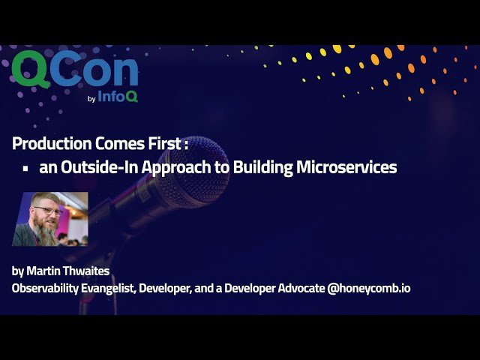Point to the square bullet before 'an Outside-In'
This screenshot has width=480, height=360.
25,169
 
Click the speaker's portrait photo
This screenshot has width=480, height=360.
49,219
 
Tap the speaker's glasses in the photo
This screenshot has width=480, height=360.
47,211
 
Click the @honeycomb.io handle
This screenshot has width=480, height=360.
369,288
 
